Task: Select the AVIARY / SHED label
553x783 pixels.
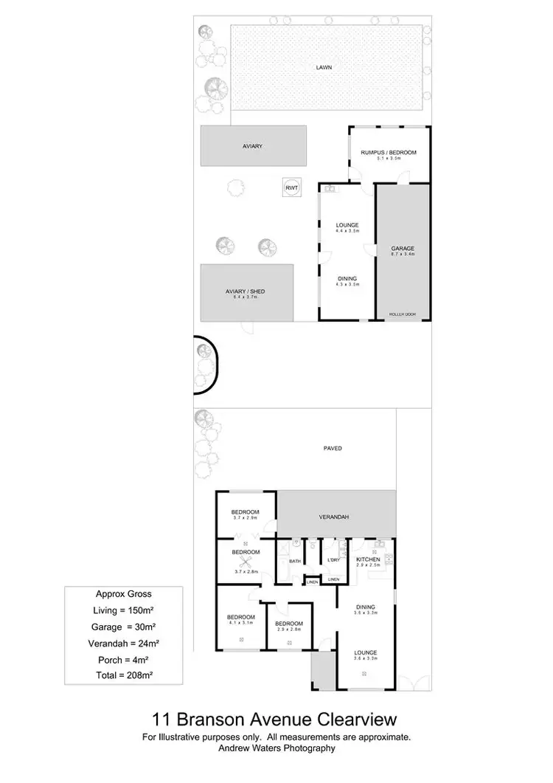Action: click(x=245, y=292)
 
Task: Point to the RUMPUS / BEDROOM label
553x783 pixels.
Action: click(x=389, y=153)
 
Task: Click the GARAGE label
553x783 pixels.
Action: click(x=403, y=249)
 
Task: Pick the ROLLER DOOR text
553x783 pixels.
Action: click(x=403, y=314)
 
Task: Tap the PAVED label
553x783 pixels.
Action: click(x=333, y=448)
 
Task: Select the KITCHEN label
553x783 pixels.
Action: click(x=368, y=560)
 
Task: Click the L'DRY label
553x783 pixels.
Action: click(x=333, y=561)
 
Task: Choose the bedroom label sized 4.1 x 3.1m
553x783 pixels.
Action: click(x=241, y=617)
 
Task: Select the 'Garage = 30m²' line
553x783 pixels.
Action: click(x=125, y=627)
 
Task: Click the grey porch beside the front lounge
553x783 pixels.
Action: click(x=322, y=672)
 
